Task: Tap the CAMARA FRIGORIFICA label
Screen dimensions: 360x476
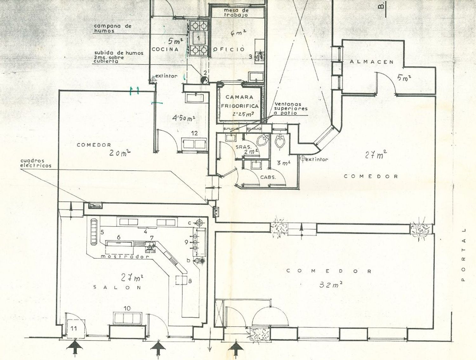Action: click(x=240, y=102)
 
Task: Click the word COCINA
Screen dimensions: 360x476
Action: click(x=165, y=49)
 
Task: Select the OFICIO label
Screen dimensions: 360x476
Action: click(x=229, y=49)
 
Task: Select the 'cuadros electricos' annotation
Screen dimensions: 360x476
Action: click(x=36, y=163)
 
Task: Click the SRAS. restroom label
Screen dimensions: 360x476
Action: click(x=243, y=147)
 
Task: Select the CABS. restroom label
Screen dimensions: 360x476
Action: click(x=268, y=177)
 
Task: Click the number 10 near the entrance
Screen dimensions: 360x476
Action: click(x=127, y=308)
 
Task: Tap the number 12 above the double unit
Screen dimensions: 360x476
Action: click(x=194, y=134)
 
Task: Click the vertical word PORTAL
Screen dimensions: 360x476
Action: click(x=464, y=255)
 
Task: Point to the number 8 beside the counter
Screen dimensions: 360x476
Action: click(x=190, y=281)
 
